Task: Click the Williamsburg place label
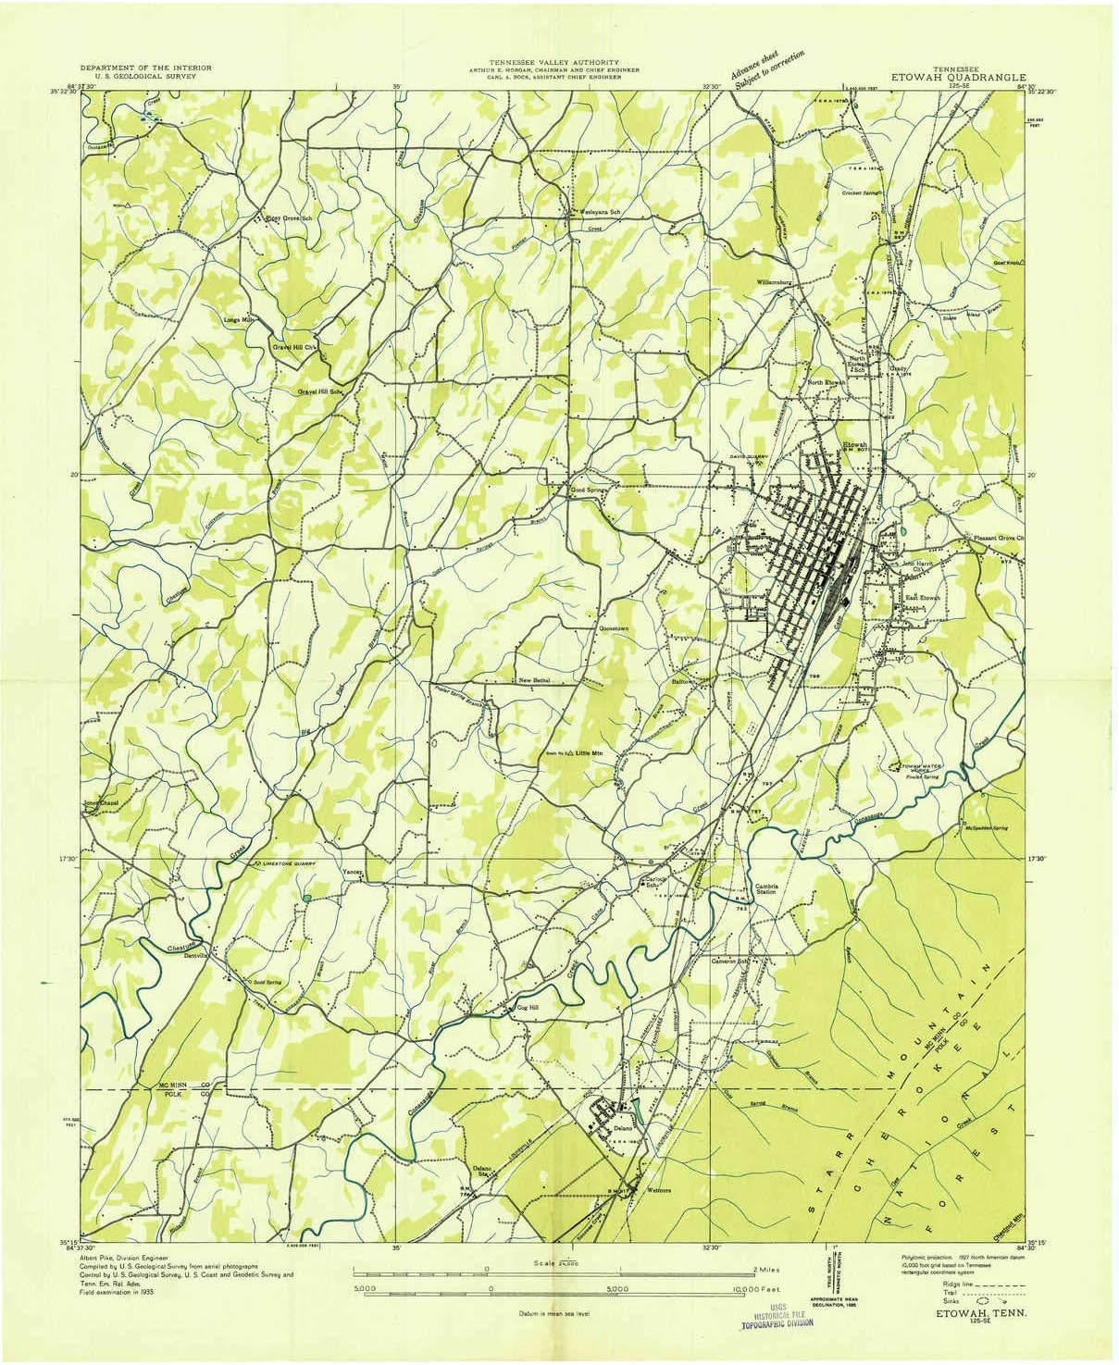(777, 279)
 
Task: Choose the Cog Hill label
(526, 1008)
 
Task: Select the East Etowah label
(922, 598)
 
